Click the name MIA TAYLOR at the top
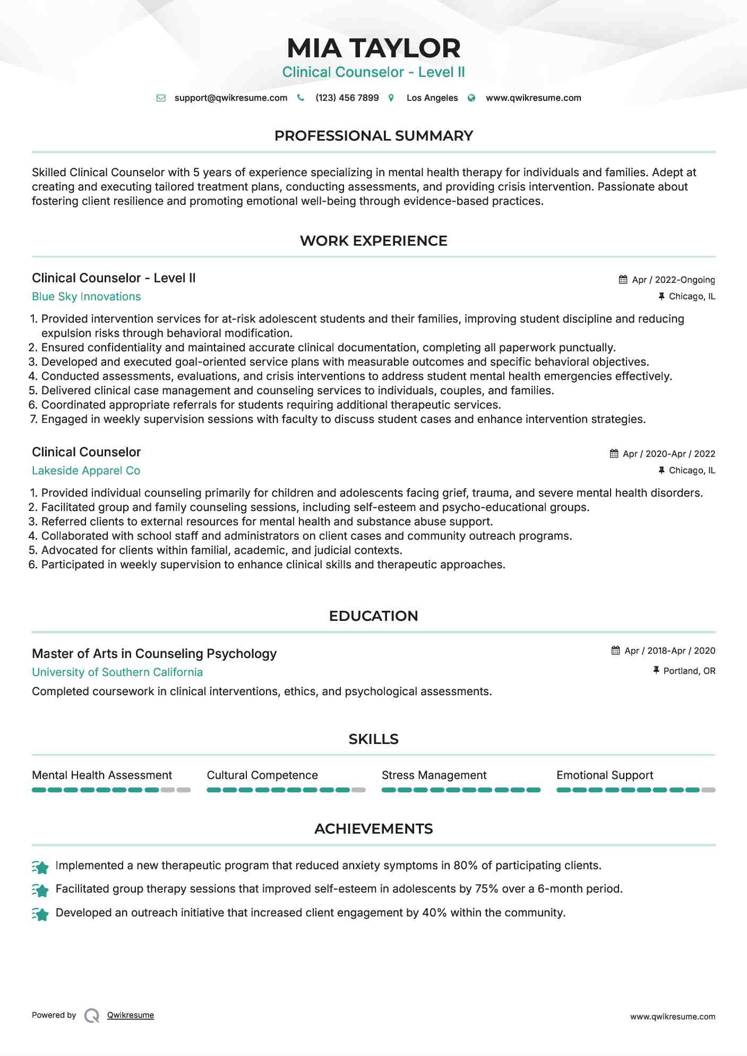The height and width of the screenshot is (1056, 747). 373,48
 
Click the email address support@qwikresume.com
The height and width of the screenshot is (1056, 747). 230,98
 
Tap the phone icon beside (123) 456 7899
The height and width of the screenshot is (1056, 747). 300,98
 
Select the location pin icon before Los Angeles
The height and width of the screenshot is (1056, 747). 391,98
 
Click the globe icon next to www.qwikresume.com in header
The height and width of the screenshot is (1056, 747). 471,98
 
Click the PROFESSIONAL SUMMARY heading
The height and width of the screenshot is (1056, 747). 373,136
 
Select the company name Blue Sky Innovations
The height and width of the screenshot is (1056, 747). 86,297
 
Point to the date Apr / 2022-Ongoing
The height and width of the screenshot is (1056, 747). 673,280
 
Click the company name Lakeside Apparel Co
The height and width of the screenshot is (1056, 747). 86,471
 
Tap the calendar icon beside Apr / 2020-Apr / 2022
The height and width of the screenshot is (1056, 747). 614,454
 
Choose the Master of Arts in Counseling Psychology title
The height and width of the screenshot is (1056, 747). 154,654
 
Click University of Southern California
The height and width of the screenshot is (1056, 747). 117,672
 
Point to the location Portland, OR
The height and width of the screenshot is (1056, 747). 689,671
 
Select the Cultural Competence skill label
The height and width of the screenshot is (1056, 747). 262,775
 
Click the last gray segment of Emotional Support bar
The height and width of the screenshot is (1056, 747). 708,790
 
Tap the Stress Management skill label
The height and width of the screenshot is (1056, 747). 434,775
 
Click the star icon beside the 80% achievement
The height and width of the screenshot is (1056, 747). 40,867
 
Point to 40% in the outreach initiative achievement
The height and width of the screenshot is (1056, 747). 434,913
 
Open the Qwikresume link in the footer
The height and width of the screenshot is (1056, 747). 131,1015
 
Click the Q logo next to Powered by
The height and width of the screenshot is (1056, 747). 92,1016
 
